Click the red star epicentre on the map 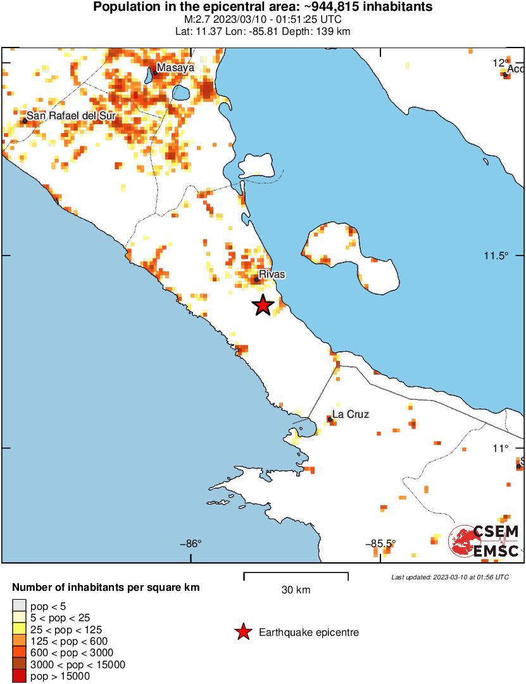263,306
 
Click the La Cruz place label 351,415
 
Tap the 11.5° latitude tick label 496,256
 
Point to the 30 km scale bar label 296,590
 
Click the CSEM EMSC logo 485,541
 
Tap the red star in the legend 242,632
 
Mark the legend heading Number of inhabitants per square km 106,588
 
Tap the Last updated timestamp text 449,577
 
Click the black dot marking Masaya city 154,72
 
